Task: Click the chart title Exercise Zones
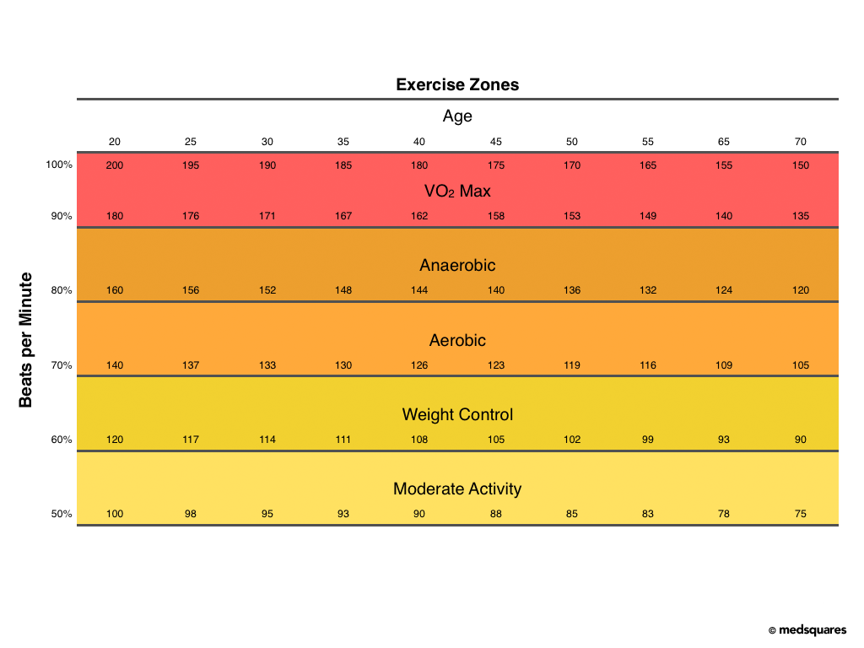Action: coord(457,84)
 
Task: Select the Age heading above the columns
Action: coord(457,116)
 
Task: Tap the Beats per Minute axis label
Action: coord(26,339)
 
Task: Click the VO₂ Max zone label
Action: coord(457,192)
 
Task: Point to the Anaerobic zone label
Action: coord(457,266)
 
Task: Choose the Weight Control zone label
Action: coord(457,415)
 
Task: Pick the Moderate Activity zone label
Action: coord(457,489)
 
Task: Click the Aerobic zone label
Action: coord(457,341)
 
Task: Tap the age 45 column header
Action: coord(496,142)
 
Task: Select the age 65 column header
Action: coord(724,142)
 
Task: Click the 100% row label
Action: coord(59,165)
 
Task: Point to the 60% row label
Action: coord(62,440)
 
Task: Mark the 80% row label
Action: coord(62,290)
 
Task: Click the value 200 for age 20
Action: coord(115,165)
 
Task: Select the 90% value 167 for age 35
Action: coord(343,216)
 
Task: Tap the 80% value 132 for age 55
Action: coord(648,290)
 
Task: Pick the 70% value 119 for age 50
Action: coord(572,365)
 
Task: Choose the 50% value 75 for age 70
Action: coord(800,514)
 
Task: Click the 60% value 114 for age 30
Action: coord(267,440)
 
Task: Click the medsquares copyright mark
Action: coord(807,630)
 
